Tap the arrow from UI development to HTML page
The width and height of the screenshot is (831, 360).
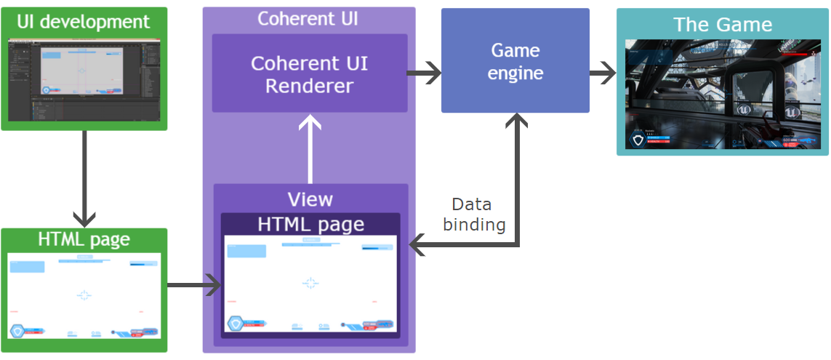click(85, 178)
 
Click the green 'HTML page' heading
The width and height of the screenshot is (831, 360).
click(84, 239)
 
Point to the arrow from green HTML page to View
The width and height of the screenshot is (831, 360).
click(193, 285)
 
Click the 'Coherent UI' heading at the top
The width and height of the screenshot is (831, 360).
click(308, 18)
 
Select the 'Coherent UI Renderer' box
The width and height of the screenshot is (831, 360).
click(309, 73)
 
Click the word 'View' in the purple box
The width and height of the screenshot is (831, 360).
click(310, 199)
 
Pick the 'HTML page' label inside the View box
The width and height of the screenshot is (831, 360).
click(310, 224)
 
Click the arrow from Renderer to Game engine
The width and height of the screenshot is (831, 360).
click(424, 73)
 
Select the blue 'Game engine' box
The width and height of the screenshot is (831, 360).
click(515, 61)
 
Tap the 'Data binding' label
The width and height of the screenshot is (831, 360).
click(474, 214)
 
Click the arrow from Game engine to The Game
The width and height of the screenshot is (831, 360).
click(602, 73)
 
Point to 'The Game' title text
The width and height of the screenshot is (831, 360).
click(722, 24)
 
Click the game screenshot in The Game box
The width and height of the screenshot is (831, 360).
click(722, 94)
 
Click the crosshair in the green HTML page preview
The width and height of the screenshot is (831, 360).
click(84, 295)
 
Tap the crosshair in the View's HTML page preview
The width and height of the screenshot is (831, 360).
click(310, 283)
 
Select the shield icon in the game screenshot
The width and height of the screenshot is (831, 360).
click(638, 140)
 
